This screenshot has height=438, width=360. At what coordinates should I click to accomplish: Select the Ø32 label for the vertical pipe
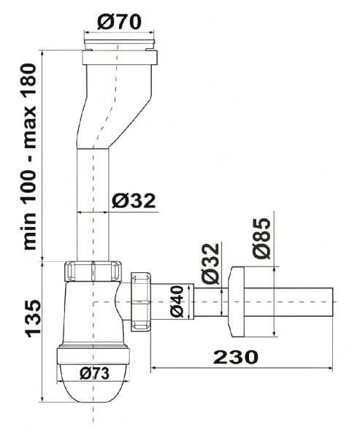pos(135,200)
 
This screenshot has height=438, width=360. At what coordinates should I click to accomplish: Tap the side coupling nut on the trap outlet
pos(140,299)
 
